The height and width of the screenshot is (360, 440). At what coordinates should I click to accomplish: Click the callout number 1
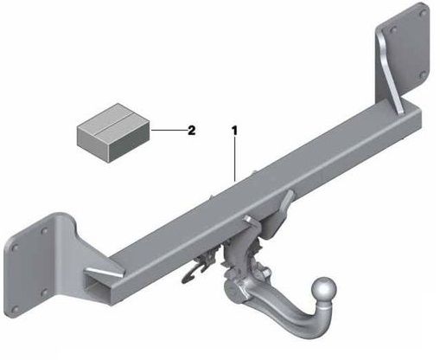(x=233, y=131)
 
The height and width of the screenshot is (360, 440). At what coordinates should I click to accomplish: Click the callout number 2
(x=190, y=131)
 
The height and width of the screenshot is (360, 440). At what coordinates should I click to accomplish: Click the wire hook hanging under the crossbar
(x=202, y=259)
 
